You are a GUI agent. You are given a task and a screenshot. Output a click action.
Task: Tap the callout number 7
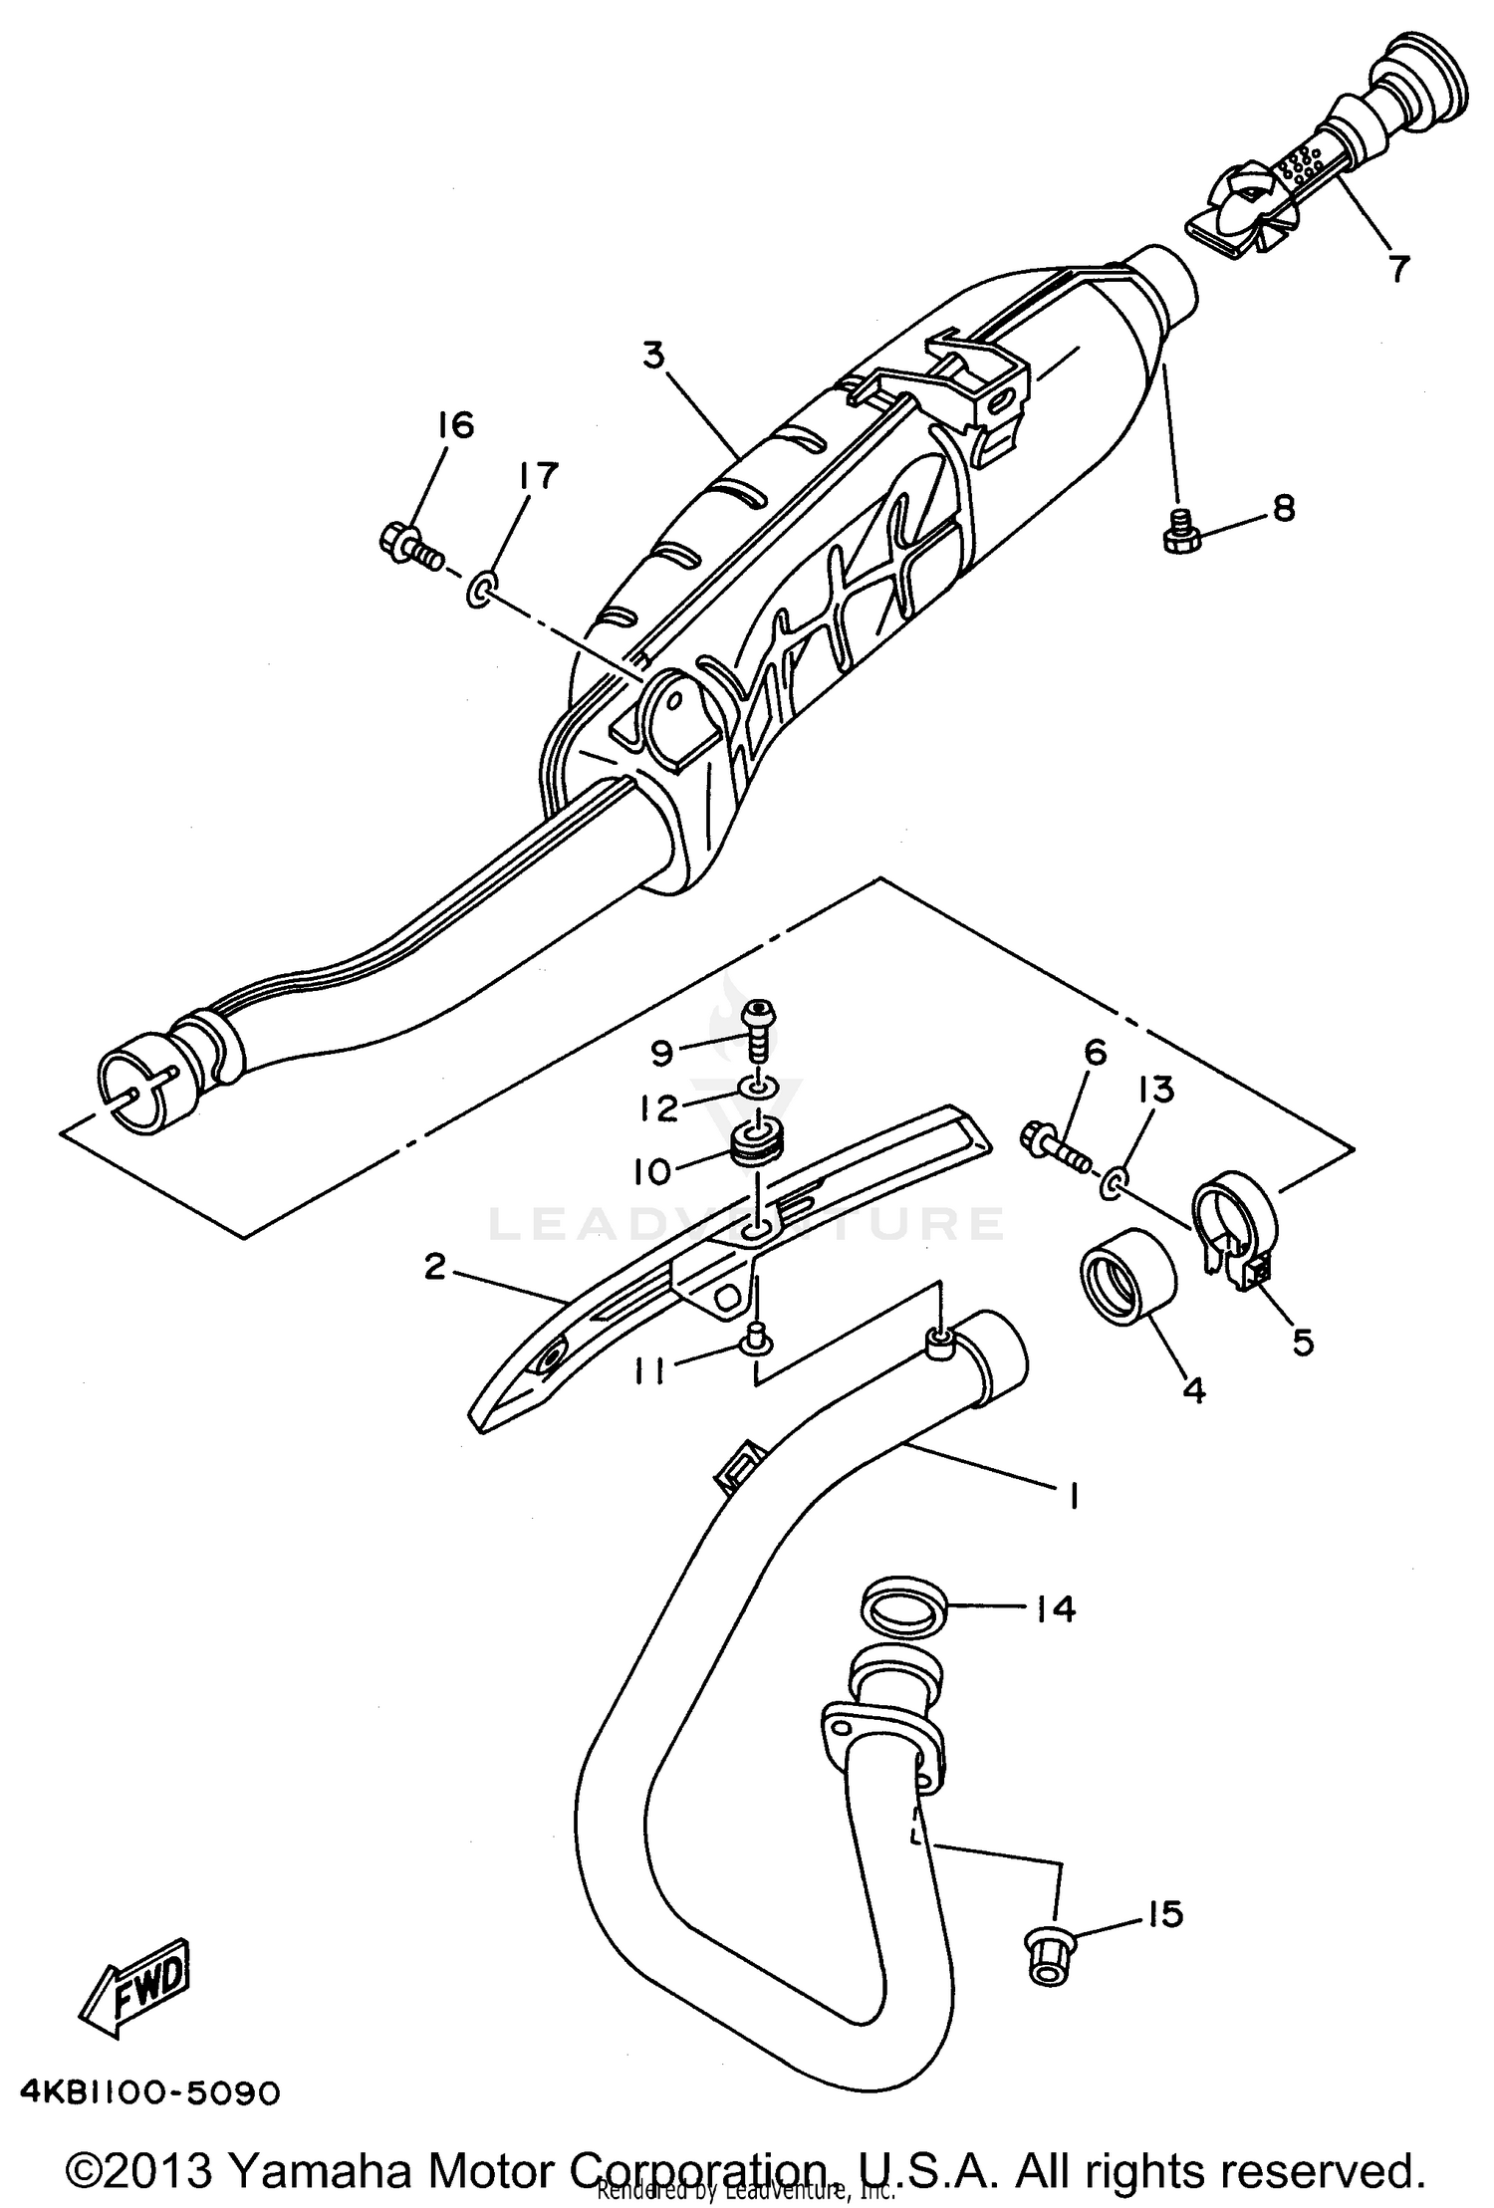(x=1398, y=267)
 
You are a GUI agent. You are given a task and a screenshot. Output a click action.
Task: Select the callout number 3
(x=653, y=355)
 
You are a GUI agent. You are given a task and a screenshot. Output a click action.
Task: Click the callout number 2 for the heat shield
(x=434, y=1267)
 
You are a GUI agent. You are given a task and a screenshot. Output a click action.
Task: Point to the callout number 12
(x=658, y=1107)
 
